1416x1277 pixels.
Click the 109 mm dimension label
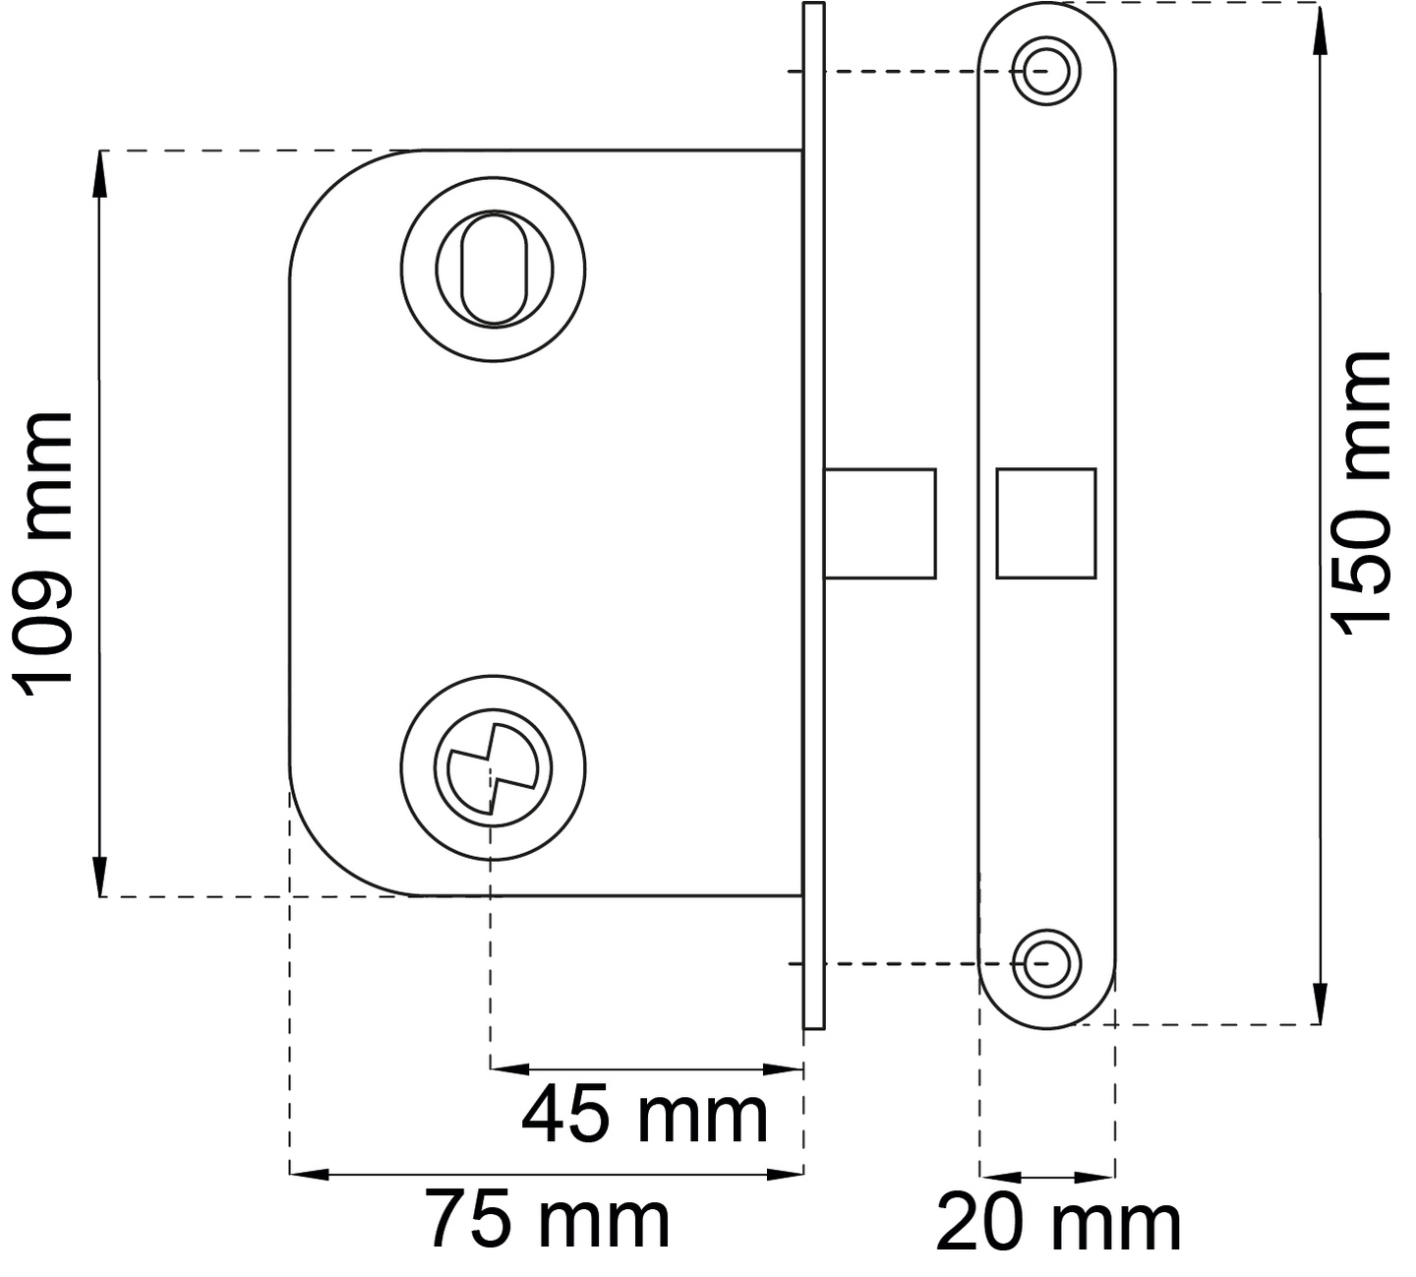(x=41, y=555)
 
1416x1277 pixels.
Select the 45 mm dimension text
(x=644, y=1116)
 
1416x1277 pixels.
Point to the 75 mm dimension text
(x=547, y=1220)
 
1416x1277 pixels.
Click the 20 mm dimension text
(x=1058, y=1223)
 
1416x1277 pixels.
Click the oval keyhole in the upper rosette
(x=494, y=270)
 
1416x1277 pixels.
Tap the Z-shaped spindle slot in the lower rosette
(x=493, y=768)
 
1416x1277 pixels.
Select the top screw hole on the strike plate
(x=1046, y=71)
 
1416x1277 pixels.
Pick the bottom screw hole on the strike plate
(x=1046, y=964)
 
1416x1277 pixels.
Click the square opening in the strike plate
(x=1046, y=523)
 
